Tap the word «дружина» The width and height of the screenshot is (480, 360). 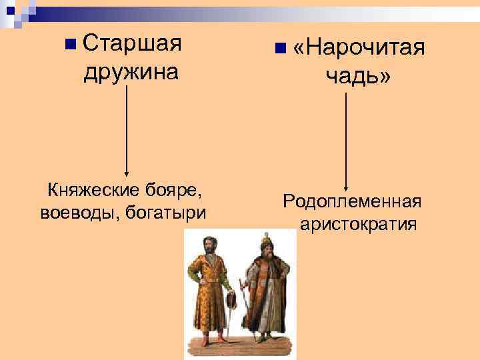[131, 71]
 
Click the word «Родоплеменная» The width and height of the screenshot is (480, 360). [353, 201]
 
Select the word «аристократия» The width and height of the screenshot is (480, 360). [359, 223]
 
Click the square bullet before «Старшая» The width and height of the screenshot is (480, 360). [71, 45]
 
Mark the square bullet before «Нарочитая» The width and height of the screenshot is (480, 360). [279, 49]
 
